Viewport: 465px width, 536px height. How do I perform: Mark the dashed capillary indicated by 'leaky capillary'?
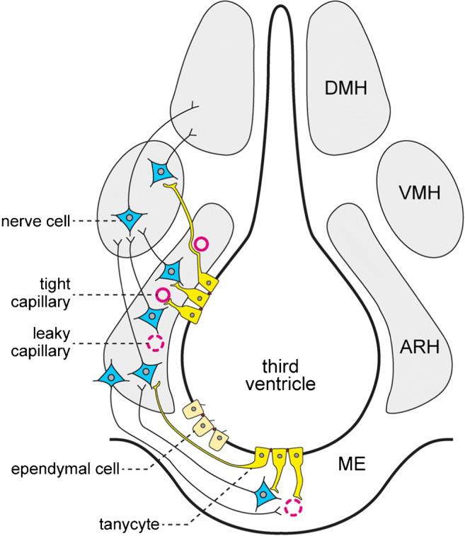pyautogui.click(x=155, y=343)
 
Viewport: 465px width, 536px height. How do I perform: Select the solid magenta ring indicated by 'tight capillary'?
pyautogui.click(x=163, y=295)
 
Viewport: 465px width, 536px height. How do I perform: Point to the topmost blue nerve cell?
pyautogui.click(x=160, y=172)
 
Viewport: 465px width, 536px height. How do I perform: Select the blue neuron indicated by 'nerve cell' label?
pyautogui.click(x=130, y=220)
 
